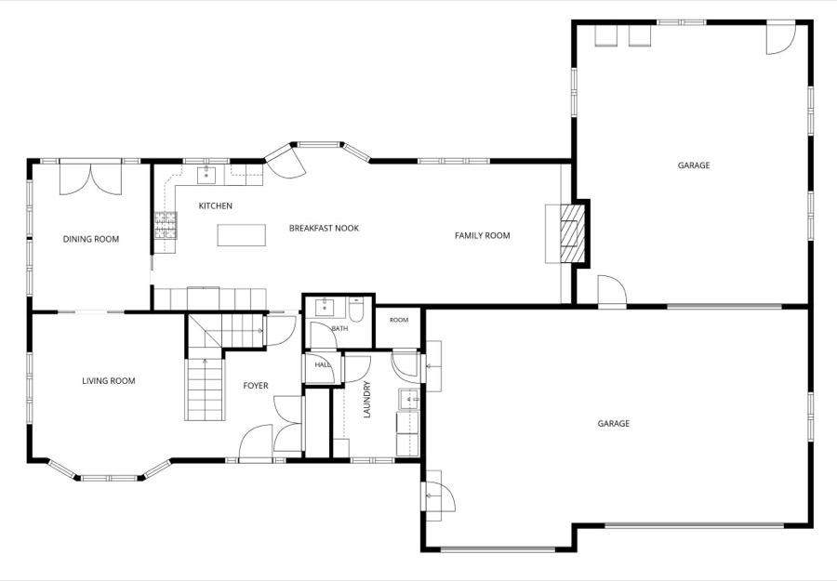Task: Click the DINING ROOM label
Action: click(x=91, y=239)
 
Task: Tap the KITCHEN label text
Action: click(x=215, y=206)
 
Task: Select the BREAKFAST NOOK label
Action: click(x=324, y=229)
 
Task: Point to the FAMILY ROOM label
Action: click(x=482, y=235)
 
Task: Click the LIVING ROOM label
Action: click(x=109, y=381)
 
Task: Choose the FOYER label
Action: click(x=256, y=386)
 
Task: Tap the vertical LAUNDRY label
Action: click(x=366, y=400)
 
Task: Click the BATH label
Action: click(x=339, y=329)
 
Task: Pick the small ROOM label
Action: click(x=399, y=320)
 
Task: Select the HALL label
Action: click(x=322, y=365)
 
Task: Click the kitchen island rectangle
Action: click(x=241, y=235)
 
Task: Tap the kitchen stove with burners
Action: click(x=166, y=225)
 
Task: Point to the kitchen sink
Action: click(x=206, y=175)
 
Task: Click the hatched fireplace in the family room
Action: click(x=572, y=233)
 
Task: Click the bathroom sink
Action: click(x=324, y=308)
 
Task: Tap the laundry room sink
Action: click(x=408, y=399)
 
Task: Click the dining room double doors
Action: click(x=91, y=178)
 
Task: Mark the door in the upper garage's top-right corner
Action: click(x=781, y=38)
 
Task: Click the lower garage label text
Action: click(x=614, y=424)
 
